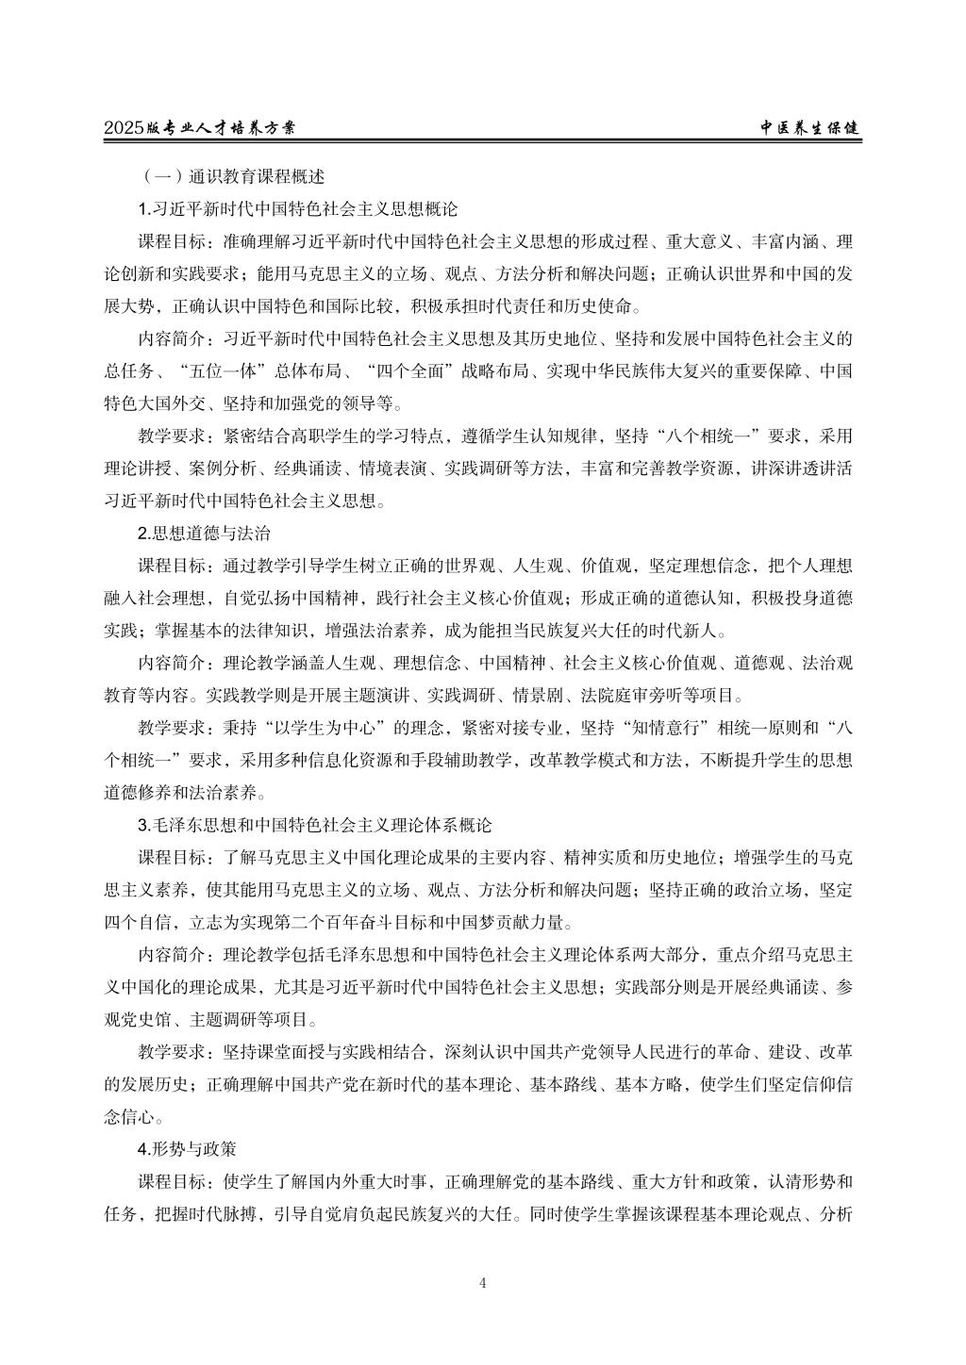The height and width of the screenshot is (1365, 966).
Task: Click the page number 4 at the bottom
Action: (x=483, y=1282)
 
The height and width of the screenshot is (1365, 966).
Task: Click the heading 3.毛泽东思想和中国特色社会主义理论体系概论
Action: (x=315, y=826)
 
